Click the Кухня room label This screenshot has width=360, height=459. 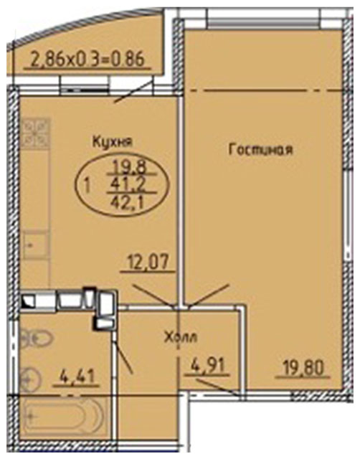coord(113,142)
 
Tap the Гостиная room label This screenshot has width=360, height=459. coord(260,149)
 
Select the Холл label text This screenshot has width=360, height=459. coord(181,338)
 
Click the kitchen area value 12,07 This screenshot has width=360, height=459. coord(148,262)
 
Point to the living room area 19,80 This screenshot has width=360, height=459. coord(303,368)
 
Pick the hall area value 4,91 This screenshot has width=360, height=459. coord(209,366)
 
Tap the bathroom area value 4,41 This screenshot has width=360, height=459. coord(77,377)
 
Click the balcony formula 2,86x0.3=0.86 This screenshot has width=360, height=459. coord(87,60)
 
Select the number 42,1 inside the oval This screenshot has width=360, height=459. coord(132,202)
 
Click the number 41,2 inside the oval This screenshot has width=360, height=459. coord(132,184)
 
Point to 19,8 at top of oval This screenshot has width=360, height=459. coord(132,167)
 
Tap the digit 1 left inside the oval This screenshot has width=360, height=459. coord(87,186)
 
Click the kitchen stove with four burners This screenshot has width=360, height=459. coord(36,131)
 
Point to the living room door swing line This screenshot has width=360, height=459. coord(209,295)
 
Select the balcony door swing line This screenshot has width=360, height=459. coord(133,92)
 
